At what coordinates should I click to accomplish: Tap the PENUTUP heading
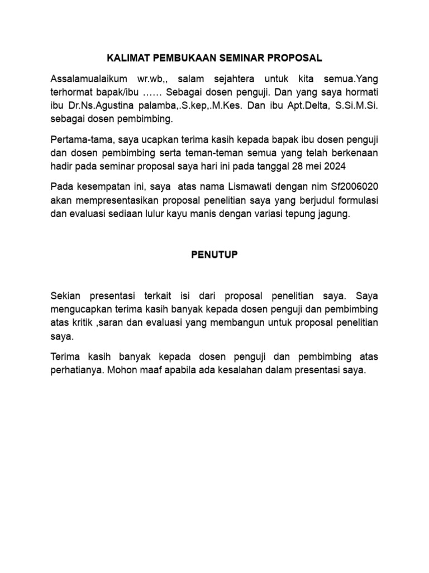click(214, 254)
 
